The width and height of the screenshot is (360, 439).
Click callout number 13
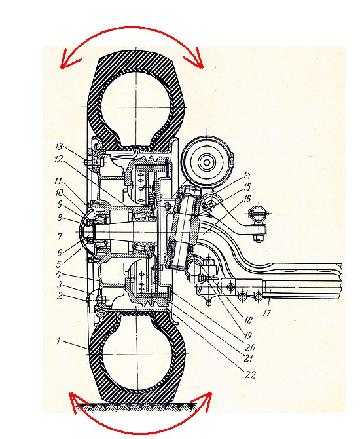[x=60, y=147]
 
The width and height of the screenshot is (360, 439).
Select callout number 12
[x=59, y=159]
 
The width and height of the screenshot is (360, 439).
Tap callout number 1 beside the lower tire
[x=58, y=341]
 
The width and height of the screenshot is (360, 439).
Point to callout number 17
[x=267, y=312]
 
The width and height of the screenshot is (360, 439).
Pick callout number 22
[x=250, y=375]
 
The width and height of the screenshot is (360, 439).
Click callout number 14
[x=247, y=176]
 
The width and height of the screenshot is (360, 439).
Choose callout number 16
[x=247, y=199]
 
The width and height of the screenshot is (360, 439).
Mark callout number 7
[x=60, y=237]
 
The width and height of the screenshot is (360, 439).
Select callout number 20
[x=250, y=347]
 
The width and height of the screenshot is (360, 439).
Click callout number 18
[x=248, y=320]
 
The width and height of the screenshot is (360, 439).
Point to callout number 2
[x=59, y=296]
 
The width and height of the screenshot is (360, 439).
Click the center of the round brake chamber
[x=207, y=162]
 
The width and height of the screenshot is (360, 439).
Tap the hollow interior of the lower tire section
[x=137, y=354]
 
